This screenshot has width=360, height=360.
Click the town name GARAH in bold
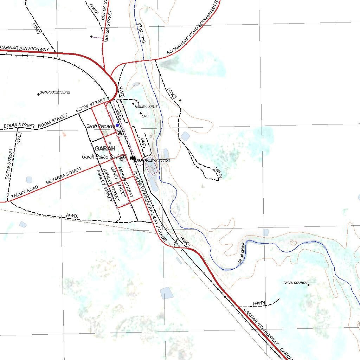click(x=105, y=148)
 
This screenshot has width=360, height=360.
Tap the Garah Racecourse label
click(x=55, y=92)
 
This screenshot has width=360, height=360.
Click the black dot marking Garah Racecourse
click(x=38, y=94)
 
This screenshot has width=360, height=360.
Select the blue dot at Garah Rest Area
click(x=117, y=125)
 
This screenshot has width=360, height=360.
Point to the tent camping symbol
click(x=120, y=133)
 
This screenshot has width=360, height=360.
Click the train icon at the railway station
click(x=133, y=158)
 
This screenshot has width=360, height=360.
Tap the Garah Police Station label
click(x=103, y=157)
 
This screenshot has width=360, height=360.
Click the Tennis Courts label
click(x=146, y=107)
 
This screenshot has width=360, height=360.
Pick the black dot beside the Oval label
click(x=141, y=113)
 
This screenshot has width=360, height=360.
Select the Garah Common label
click(x=295, y=283)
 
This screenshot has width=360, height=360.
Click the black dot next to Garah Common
click(x=309, y=285)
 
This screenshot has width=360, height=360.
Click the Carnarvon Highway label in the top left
click(x=24, y=49)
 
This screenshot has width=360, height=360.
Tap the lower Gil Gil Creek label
click(x=241, y=253)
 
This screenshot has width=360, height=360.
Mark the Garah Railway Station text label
click(x=152, y=161)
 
